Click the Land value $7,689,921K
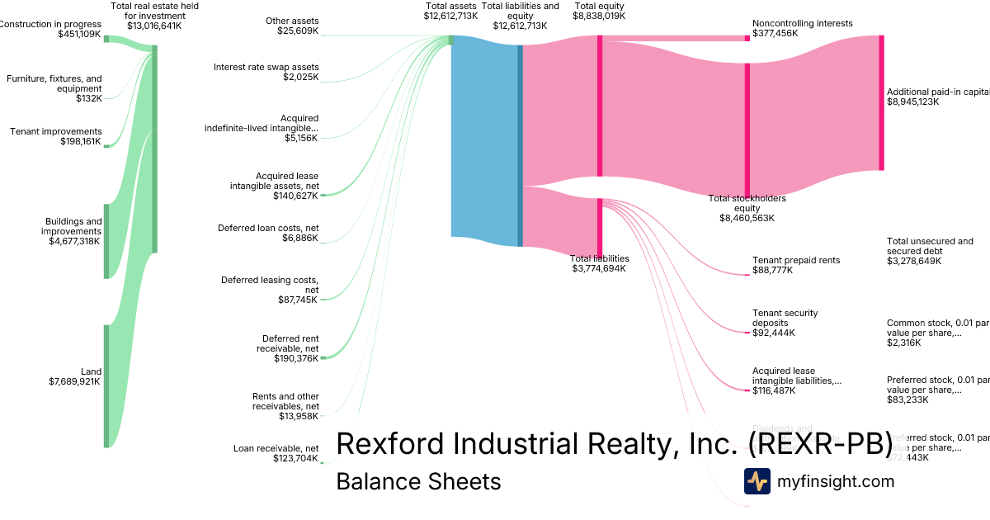(x=75, y=381)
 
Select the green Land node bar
(x=106, y=385)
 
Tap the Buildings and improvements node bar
(x=106, y=241)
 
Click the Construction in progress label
(x=51, y=24)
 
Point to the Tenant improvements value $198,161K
(x=81, y=142)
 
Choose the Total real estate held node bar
(x=154, y=149)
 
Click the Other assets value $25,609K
(x=298, y=31)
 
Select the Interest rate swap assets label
(x=266, y=67)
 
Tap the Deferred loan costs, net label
(x=268, y=228)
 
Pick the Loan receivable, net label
(x=276, y=448)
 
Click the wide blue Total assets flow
(x=484, y=140)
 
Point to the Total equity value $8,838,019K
(x=599, y=16)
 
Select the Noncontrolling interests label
(x=802, y=24)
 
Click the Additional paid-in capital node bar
(x=881, y=103)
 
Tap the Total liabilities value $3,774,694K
(x=599, y=268)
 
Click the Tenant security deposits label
(x=785, y=318)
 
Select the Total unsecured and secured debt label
(x=930, y=246)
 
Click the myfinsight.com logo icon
(x=757, y=481)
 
